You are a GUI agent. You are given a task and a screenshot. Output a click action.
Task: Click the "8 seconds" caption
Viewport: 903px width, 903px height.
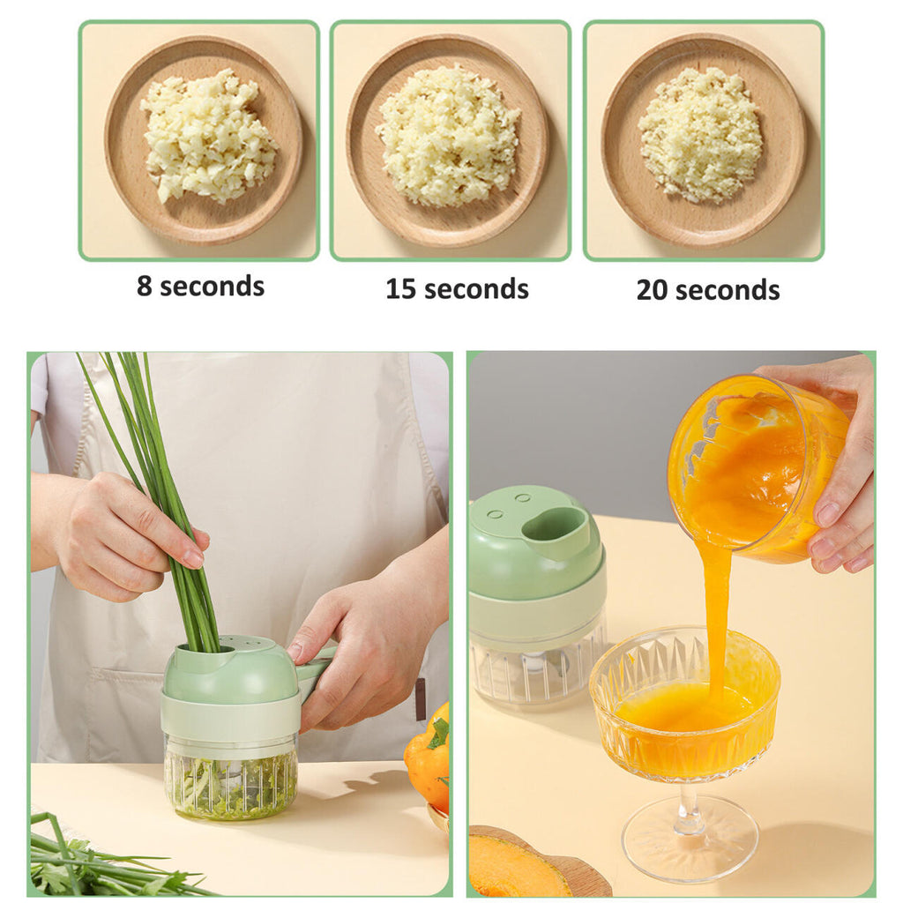[x=200, y=287]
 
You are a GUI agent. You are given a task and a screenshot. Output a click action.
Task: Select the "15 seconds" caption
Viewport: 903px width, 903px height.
[x=457, y=289]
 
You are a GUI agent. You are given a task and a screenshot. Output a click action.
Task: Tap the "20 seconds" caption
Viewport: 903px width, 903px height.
[x=708, y=289]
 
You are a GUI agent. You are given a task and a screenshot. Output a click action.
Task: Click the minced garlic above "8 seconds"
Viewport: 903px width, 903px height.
[x=207, y=135]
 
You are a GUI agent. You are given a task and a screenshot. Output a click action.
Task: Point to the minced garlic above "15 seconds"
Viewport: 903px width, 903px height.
[x=448, y=135]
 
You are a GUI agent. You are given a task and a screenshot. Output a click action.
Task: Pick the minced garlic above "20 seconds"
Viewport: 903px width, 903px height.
[x=698, y=136]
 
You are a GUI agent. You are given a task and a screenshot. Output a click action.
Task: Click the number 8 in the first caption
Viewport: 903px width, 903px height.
[x=144, y=287]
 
